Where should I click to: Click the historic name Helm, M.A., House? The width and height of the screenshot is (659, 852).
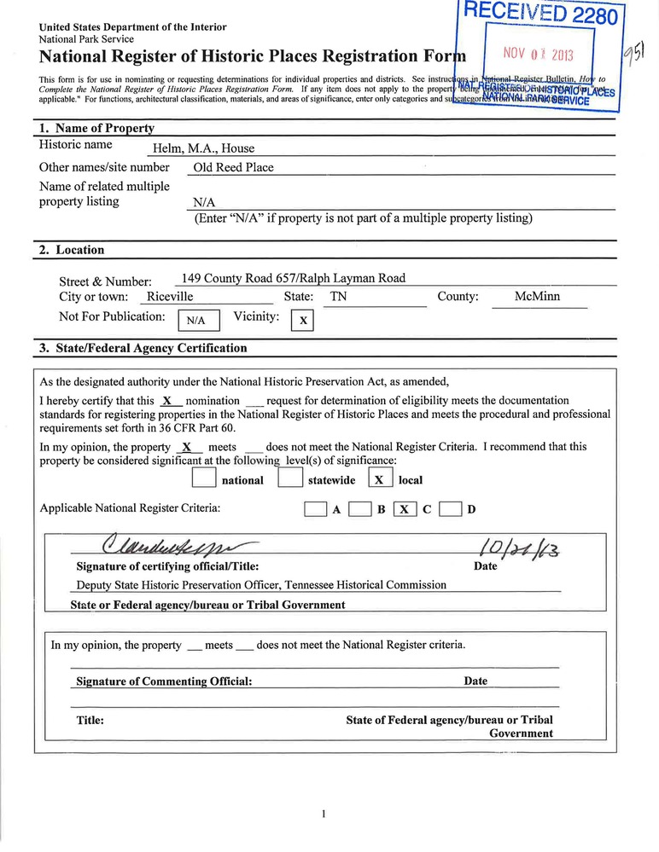[203, 148]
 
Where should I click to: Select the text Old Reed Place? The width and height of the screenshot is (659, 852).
[233, 168]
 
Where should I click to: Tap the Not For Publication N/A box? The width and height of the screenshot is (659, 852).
[198, 321]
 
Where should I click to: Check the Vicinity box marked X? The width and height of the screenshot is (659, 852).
[303, 321]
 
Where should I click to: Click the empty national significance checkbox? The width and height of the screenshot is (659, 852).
[205, 479]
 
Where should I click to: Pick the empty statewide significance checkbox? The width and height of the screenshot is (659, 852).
[290, 479]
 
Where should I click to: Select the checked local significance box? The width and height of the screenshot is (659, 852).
[380, 479]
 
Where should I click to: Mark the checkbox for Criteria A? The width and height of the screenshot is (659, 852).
[316, 510]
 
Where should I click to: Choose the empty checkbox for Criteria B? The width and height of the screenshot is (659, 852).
[360, 510]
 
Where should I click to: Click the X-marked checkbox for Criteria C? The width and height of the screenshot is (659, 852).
[405, 510]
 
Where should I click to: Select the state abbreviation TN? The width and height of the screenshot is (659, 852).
[339, 297]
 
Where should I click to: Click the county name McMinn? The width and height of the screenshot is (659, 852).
[538, 297]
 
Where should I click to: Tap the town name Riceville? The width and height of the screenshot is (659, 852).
[171, 297]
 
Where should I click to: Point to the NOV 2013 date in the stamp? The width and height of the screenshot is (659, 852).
[539, 55]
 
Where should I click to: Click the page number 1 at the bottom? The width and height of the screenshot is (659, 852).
[324, 814]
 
